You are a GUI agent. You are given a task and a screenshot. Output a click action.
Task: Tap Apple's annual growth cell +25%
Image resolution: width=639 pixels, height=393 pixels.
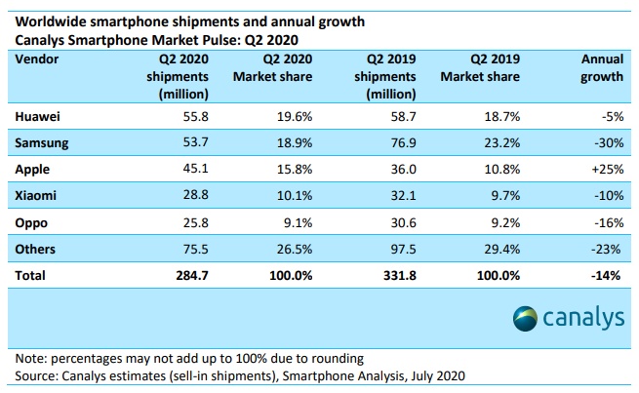[606, 169]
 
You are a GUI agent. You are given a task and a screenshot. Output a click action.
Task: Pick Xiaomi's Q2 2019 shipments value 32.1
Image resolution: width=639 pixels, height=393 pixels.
[388, 195]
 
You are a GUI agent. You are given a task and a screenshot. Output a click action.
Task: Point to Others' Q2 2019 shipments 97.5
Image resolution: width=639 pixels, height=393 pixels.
[388, 249]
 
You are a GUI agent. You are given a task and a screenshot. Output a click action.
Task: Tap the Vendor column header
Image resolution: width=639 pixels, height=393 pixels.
[38, 59]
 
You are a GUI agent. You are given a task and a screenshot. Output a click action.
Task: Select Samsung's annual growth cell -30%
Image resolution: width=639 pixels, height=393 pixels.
[606, 142]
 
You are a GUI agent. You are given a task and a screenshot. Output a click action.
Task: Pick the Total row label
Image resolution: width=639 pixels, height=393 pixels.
[32, 276]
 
